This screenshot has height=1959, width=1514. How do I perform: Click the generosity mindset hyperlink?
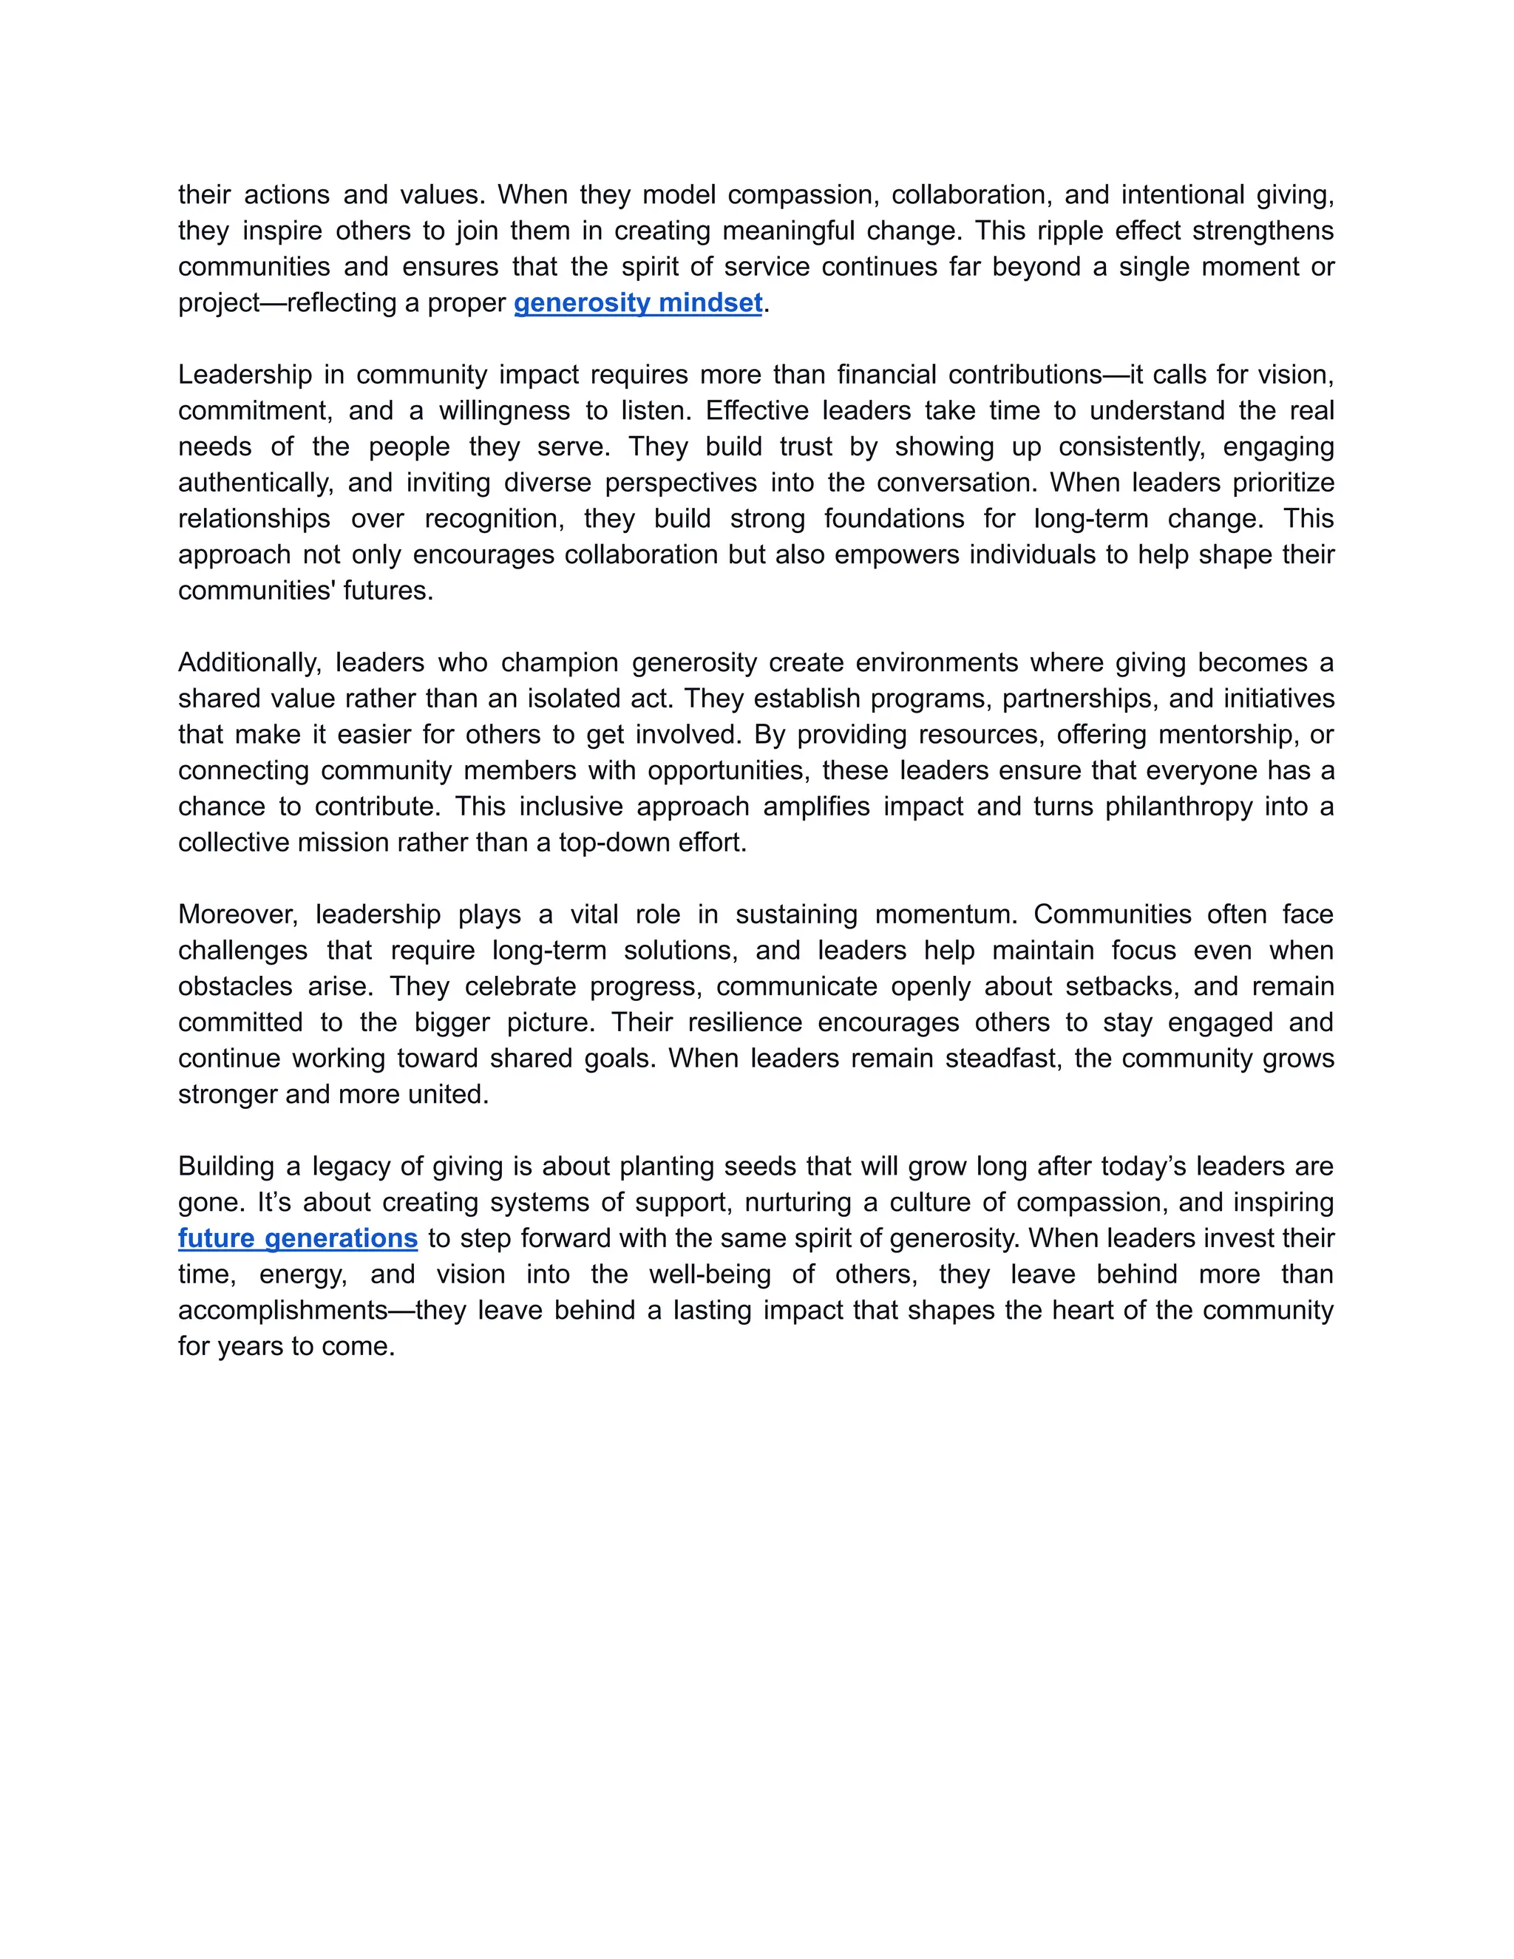pos(638,303)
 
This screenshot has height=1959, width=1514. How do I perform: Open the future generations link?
pos(298,1239)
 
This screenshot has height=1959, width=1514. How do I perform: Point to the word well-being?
pos(710,1274)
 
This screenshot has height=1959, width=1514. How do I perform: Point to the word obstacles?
pos(235,987)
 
